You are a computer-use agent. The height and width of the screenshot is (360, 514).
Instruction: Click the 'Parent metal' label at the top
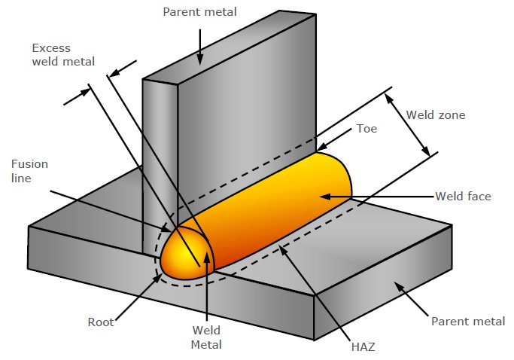(x=199, y=11)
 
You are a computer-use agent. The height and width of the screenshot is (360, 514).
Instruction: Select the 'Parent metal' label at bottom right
(x=467, y=322)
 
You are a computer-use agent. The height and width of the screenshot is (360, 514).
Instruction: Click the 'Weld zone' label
(x=436, y=115)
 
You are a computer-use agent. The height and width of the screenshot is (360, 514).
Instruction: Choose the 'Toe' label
(x=366, y=129)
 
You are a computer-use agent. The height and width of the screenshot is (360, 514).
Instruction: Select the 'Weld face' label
(x=463, y=197)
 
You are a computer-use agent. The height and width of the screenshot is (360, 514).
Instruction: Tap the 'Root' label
(x=101, y=322)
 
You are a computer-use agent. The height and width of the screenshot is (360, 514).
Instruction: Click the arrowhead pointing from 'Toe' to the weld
(x=320, y=148)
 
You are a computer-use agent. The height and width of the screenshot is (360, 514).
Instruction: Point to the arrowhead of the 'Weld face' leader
(x=322, y=197)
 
